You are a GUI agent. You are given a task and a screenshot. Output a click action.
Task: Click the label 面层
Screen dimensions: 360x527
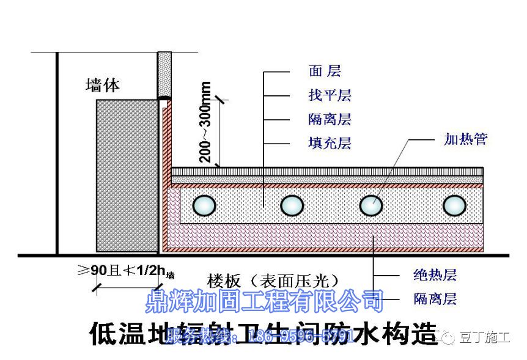coord(324,72)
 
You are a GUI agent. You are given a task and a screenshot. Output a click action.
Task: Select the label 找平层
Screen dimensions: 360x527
coord(329,95)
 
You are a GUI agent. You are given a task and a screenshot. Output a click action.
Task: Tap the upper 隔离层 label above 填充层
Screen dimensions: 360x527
coord(329,119)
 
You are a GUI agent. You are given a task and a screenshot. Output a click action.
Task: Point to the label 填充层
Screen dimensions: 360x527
coord(329,144)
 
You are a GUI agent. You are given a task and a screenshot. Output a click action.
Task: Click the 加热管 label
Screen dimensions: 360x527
coord(465,139)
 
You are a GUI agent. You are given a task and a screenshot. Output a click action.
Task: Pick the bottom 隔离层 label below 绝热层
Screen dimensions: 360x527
coord(435,299)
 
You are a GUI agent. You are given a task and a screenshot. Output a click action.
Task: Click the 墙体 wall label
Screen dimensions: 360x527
coord(103,85)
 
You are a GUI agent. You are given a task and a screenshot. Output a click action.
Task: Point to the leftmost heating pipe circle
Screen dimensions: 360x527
coord(204,205)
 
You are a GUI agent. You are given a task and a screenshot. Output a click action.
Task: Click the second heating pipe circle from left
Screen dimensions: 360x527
coord(292,205)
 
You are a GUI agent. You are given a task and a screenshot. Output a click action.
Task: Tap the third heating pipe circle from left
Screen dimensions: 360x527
coord(371,205)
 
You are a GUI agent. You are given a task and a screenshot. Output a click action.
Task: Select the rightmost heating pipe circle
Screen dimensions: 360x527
coord(454,205)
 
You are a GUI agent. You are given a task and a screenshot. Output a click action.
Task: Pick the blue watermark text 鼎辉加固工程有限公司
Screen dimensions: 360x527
coord(264,301)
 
